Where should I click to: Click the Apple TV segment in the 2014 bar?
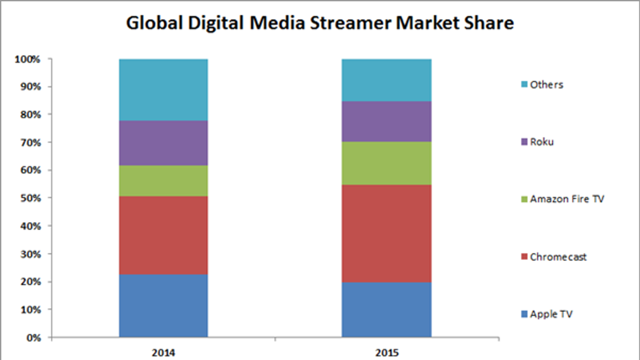click(x=163, y=306)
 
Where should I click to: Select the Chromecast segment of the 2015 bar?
click(x=386, y=234)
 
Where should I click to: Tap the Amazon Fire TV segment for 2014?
click(x=163, y=181)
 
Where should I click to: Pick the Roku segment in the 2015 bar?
click(x=386, y=122)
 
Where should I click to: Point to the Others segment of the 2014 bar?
click(x=163, y=90)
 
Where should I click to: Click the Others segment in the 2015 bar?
click(x=386, y=80)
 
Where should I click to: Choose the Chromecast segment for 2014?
click(x=163, y=235)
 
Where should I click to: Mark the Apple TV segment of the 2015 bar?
click(x=386, y=310)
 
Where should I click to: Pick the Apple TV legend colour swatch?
click(x=524, y=314)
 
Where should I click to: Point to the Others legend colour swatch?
click(x=524, y=84)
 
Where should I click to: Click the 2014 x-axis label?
click(x=163, y=353)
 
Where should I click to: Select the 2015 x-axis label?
click(x=387, y=353)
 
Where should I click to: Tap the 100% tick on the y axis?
click(x=28, y=60)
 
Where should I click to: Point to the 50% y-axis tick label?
click(x=30, y=198)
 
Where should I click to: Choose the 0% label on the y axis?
click(x=34, y=338)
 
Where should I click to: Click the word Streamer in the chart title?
click(x=351, y=23)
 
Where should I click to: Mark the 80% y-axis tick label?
click(x=30, y=115)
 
